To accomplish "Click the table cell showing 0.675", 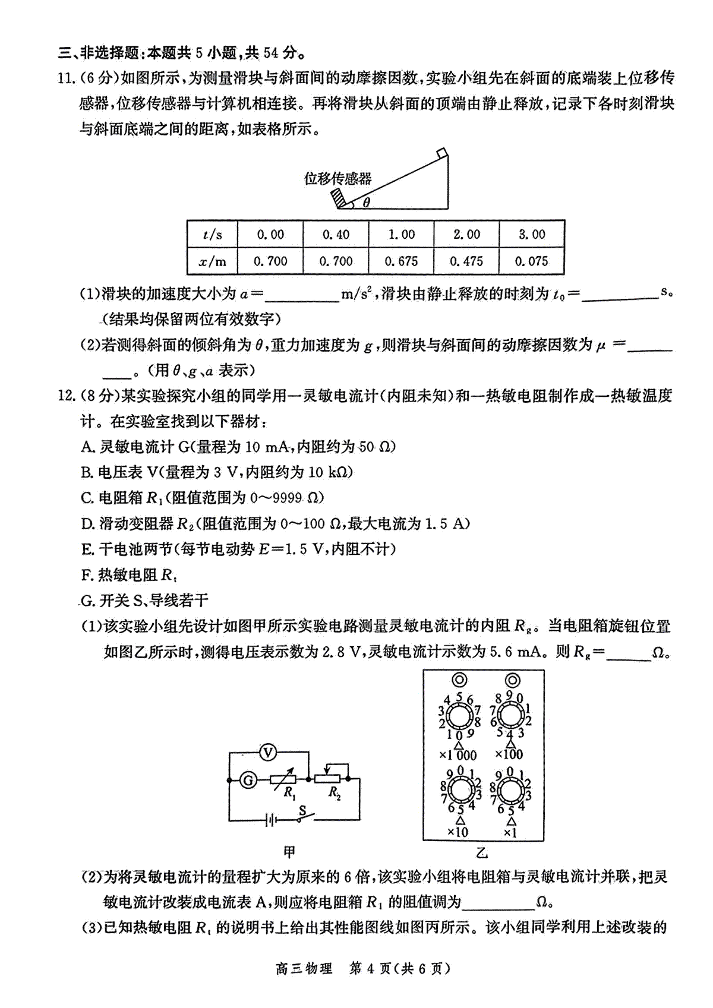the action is [x=401, y=261].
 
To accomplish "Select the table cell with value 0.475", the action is [x=466, y=261].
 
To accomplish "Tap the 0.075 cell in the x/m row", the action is [x=532, y=261].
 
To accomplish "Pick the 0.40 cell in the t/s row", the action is [x=336, y=234].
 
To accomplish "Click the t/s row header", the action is [x=213, y=234].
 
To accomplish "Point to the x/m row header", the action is [x=213, y=261].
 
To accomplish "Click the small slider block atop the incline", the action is [x=442, y=153].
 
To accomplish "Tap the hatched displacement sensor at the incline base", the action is [x=340, y=199].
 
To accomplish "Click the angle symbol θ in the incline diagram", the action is [x=367, y=202].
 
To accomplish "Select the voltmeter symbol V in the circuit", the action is [x=269, y=752].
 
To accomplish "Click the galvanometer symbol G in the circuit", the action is [x=248, y=780].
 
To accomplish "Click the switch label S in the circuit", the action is [x=302, y=810].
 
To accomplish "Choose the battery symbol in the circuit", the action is [x=270, y=821].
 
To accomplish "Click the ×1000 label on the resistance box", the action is [x=458, y=755].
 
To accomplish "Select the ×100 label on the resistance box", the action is [x=509, y=754].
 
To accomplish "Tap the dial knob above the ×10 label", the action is [x=460, y=791].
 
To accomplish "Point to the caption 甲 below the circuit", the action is [x=289, y=852].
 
